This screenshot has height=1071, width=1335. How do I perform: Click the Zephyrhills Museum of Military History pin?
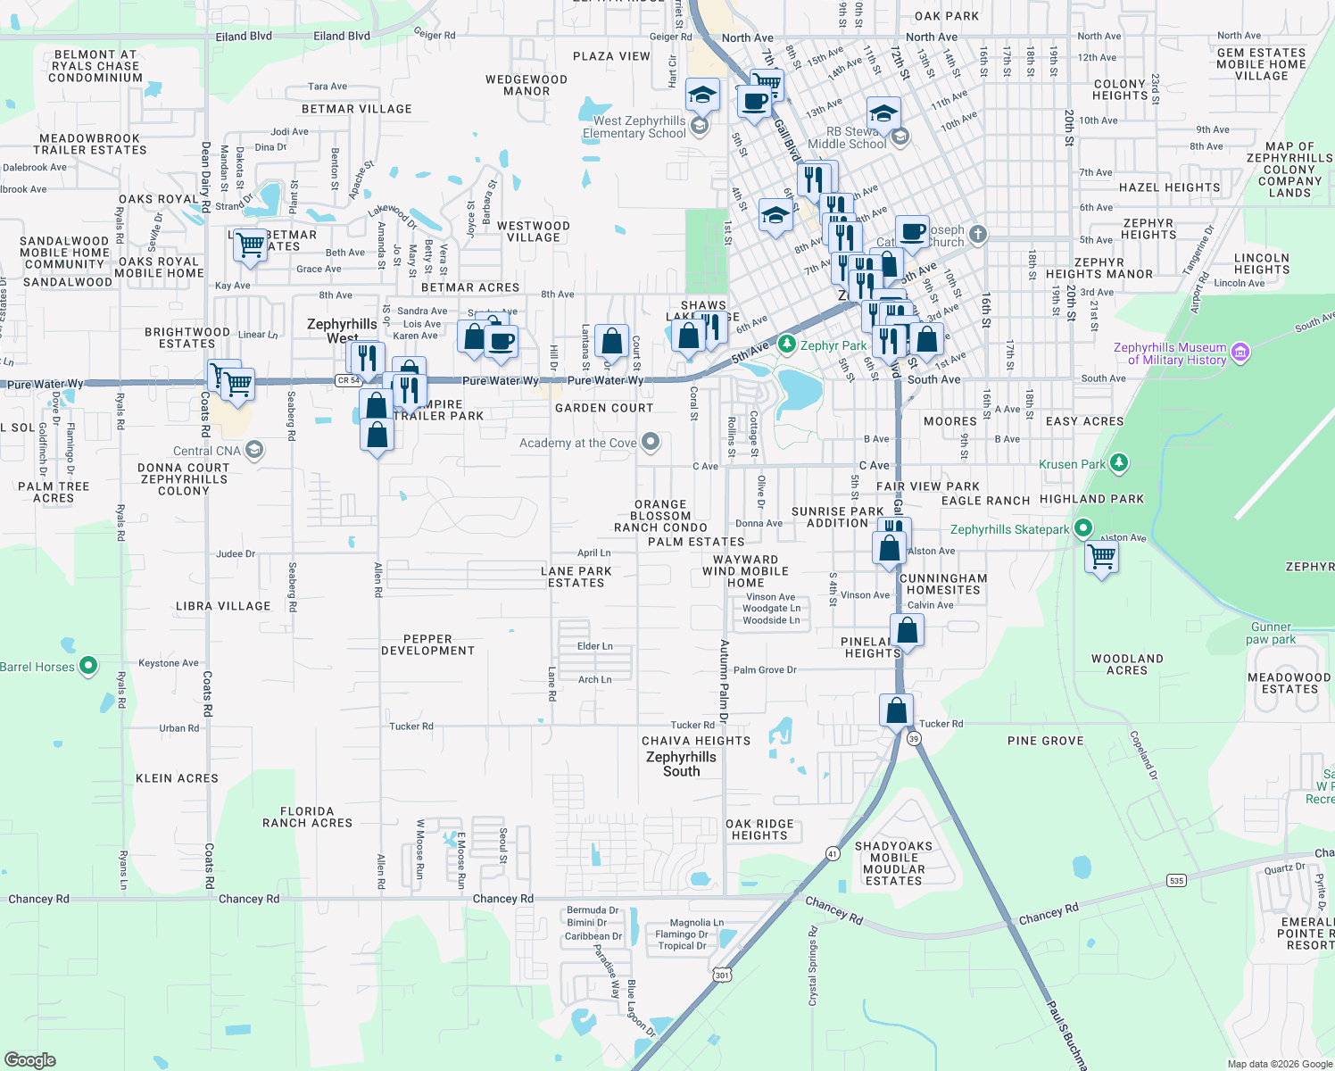(x=1240, y=353)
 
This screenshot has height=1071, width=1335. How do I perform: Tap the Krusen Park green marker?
(x=1119, y=463)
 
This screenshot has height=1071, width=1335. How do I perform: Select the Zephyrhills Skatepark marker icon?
(x=1083, y=528)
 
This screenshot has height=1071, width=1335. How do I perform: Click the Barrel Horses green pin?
(x=88, y=666)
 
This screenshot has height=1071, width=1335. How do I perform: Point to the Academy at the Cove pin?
(x=651, y=442)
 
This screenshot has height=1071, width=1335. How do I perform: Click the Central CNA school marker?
(x=254, y=450)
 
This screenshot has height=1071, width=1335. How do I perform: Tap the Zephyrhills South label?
(x=681, y=764)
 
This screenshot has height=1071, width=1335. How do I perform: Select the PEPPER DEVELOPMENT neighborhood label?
(x=427, y=644)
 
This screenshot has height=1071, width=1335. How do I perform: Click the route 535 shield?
(x=1176, y=881)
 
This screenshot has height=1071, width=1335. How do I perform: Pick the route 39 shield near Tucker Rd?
(x=913, y=739)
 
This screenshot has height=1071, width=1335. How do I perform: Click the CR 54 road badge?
(x=348, y=380)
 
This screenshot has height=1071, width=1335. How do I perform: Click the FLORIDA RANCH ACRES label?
(x=307, y=817)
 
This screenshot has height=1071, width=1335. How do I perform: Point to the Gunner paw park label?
(x=1271, y=633)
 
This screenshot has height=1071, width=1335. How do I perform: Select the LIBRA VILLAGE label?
(x=223, y=606)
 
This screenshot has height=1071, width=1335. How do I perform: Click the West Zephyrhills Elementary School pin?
(x=701, y=126)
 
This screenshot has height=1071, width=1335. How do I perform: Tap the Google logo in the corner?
(x=30, y=1059)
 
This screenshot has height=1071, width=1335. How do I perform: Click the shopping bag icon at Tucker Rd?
(x=896, y=711)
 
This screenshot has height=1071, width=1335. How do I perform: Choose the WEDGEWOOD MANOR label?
(x=527, y=85)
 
